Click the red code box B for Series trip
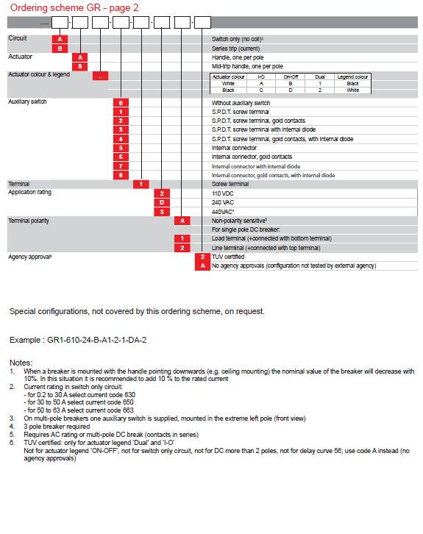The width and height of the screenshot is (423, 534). (60, 49)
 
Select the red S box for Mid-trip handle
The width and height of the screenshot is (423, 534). (80, 66)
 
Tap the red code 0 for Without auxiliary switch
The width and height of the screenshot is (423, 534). (121, 103)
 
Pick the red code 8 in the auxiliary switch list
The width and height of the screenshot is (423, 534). (121, 175)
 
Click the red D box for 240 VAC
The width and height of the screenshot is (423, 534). (162, 202)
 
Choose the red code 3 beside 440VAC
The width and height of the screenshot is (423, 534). (162, 212)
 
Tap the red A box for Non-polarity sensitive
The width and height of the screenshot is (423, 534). (182, 221)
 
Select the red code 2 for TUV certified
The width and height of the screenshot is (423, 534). (202, 257)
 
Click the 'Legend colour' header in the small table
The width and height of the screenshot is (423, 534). (353, 77)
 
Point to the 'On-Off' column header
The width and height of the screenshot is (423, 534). (291, 77)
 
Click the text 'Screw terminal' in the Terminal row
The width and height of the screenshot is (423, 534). (230, 184)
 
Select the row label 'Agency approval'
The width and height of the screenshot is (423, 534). (30, 257)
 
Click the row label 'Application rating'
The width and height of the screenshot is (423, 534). (29, 192)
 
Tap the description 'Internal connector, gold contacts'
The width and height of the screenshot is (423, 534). (252, 157)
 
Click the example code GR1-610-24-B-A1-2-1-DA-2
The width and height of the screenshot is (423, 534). (96, 340)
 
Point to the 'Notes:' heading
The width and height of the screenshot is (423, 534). (21, 363)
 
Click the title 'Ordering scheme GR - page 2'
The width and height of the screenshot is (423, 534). (74, 7)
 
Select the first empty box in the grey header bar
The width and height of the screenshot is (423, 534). (60, 23)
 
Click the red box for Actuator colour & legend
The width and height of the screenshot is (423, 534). (101, 76)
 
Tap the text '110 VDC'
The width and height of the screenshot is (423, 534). (223, 193)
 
